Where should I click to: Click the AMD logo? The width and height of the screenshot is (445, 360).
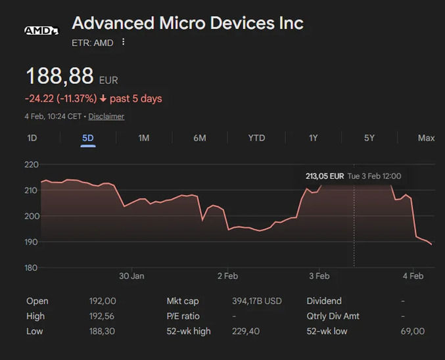[41, 30]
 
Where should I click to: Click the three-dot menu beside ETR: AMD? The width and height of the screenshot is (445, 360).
[123, 43]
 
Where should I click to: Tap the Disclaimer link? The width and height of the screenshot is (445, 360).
[106, 116]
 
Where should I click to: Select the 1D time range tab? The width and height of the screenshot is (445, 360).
[32, 138]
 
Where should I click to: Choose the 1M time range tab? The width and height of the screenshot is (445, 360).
[143, 138]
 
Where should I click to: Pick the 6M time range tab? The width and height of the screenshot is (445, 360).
[200, 138]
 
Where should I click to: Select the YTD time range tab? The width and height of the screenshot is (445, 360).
[256, 138]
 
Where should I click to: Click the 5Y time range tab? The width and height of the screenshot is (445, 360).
[369, 138]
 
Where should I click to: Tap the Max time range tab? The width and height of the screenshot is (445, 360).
[426, 138]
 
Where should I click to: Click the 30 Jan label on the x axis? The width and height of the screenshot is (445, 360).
[131, 276]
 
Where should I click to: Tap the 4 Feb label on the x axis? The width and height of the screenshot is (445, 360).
[413, 276]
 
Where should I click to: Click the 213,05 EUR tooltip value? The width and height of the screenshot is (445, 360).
[325, 176]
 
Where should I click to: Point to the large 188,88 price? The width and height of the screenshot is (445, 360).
[60, 77]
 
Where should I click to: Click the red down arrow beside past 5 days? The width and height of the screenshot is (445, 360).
[103, 99]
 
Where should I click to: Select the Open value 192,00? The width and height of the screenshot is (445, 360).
[103, 301]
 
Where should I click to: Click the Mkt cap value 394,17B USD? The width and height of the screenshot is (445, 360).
[256, 301]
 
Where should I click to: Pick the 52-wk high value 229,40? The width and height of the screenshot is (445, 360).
[245, 331]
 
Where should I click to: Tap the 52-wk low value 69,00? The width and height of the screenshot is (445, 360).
[413, 331]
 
